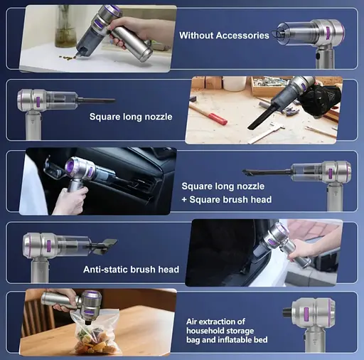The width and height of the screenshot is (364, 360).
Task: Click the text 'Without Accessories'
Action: point(224,36)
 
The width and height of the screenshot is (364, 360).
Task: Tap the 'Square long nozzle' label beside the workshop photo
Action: point(131,117)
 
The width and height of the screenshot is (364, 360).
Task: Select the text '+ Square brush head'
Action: point(227,199)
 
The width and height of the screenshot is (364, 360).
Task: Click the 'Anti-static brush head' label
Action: point(131,270)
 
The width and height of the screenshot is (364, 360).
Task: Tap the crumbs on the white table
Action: point(67,57)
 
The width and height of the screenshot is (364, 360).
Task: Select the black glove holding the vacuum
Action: point(320,101)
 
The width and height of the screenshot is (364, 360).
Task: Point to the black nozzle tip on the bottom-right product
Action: point(287,312)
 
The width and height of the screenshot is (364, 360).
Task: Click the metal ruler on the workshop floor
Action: point(265,134)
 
